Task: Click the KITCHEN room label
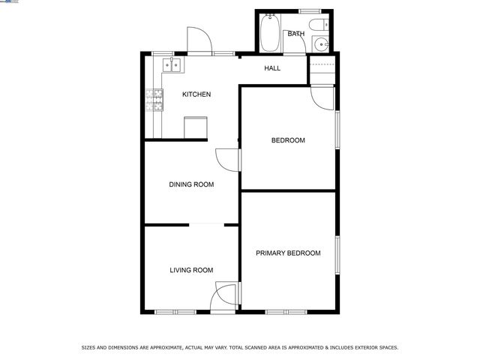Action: [196, 94]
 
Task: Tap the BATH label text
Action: [295, 34]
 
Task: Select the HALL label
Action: [272, 69]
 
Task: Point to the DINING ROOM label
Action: [191, 184]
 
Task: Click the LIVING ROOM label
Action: [191, 270]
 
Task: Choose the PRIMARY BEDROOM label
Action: [288, 253]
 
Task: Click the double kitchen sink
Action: [172, 66]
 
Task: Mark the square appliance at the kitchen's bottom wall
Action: [196, 127]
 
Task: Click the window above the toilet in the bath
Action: [310, 10]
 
